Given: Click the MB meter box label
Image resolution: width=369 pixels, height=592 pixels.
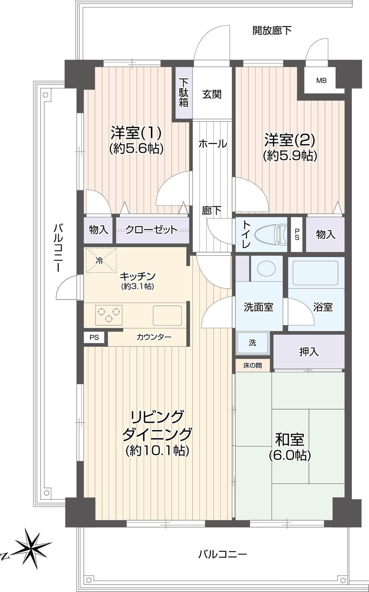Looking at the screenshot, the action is tap(321, 80).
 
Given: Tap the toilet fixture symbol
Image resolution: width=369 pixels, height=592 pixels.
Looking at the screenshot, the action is tap(270, 234).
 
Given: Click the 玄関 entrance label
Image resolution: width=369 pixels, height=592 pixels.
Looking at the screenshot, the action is tap(212, 94).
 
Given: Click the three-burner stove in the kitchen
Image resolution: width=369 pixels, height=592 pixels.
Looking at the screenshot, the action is tap(108, 315).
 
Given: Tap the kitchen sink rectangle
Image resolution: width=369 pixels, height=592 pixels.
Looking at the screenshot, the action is tap(167, 315).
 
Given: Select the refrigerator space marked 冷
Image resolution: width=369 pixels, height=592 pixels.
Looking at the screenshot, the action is tap(101, 260).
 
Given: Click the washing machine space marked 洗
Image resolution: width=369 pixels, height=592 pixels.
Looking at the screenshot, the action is tap(252, 343).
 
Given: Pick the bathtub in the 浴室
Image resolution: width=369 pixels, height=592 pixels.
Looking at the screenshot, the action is tap(315, 273).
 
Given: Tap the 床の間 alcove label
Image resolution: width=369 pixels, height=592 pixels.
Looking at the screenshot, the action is tap(252, 366).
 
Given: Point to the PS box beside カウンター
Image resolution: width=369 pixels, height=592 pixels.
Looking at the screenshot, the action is tap(94, 337).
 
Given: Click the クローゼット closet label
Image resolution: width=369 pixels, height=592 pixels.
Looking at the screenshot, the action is tap(151, 230).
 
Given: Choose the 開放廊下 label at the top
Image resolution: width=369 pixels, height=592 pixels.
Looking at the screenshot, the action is tap(272, 31).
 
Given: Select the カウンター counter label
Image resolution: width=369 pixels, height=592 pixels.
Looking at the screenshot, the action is tap(154, 337).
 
